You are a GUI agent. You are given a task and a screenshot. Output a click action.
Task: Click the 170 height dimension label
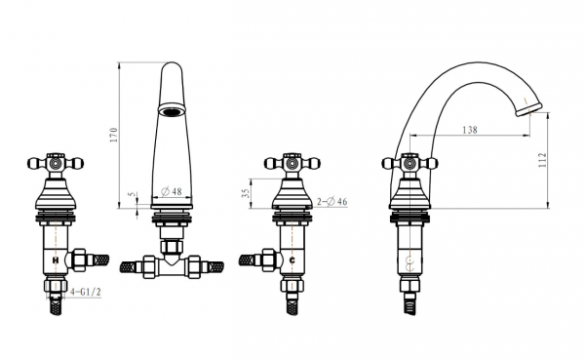[x=114, y=135]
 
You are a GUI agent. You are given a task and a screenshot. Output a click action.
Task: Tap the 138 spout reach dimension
[x=470, y=130]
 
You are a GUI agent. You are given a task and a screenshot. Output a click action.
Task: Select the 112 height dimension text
[x=542, y=160]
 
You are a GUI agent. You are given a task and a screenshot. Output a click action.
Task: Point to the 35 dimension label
[x=245, y=193]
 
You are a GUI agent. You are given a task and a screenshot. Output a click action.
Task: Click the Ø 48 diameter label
[x=172, y=191]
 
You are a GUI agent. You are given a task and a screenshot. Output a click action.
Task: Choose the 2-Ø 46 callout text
[x=332, y=202]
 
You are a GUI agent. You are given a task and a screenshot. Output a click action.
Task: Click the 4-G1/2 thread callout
[x=86, y=292]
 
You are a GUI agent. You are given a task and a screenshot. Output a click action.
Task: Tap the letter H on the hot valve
[x=56, y=260]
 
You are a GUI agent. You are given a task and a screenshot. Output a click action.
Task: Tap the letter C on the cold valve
[x=292, y=260]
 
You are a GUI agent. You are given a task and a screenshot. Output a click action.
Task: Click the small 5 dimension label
[x=131, y=194]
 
